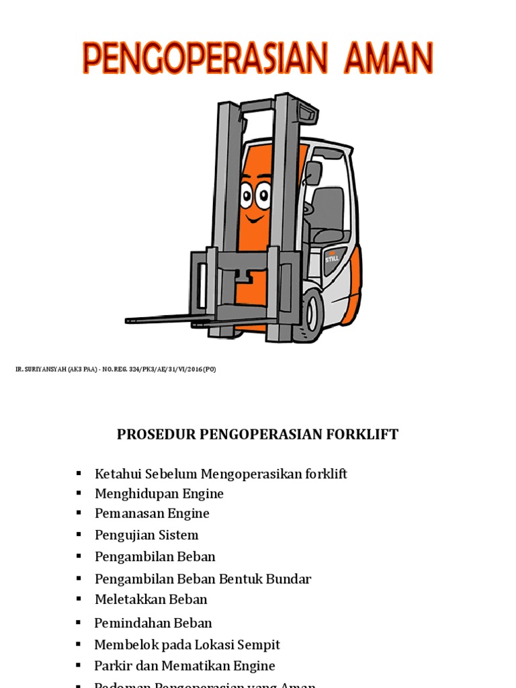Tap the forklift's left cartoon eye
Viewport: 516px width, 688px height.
tap(247, 197)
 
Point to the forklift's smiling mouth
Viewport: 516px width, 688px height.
tap(254, 218)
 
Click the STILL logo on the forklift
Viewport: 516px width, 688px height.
tap(333, 255)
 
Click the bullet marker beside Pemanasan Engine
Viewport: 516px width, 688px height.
tap(79, 513)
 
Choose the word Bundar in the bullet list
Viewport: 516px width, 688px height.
tap(291, 578)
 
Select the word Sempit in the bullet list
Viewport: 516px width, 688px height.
tap(258, 644)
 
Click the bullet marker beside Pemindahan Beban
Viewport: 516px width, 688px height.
tap(79, 623)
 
